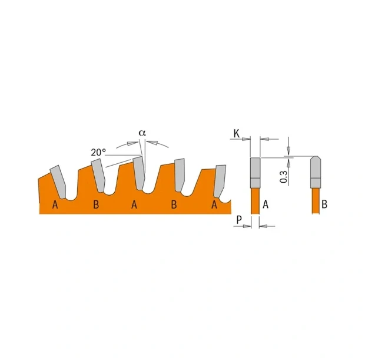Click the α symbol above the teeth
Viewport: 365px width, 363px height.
142,133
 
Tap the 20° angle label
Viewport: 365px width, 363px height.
98,153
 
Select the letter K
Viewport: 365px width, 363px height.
236,134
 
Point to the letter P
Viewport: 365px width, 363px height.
239,220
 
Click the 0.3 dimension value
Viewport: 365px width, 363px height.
283,177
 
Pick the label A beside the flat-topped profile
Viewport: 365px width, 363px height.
266,204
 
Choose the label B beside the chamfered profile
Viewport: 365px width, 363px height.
324,204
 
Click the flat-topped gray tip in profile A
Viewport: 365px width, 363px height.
255,173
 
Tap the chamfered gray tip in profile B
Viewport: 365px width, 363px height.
316,172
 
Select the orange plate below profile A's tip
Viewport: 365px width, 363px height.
255,201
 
